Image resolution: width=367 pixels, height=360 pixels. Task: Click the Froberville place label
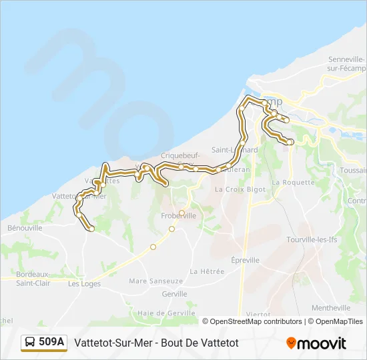[x=179, y=216]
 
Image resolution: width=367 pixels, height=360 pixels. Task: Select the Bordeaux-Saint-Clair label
[x=33, y=278]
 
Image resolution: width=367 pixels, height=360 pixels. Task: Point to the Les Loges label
[x=83, y=283]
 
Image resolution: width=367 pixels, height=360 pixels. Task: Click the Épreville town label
[x=244, y=260]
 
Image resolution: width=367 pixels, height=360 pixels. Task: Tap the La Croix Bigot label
[x=240, y=189]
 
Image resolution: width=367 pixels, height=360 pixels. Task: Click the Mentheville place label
[x=330, y=308]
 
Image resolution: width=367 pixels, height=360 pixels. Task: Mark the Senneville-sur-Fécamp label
[x=345, y=63]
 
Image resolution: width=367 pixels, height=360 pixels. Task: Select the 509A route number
[x=51, y=343]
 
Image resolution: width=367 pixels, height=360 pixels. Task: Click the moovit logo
[x=316, y=343]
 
